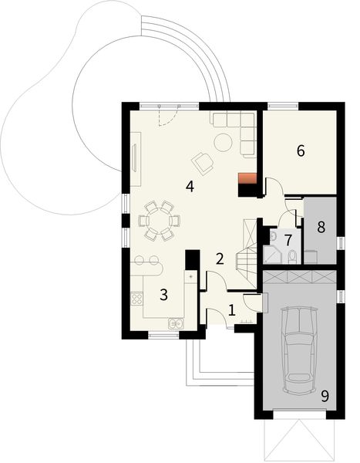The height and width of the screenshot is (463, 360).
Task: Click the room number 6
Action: click(x=301, y=151)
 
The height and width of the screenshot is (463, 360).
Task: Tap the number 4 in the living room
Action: click(x=189, y=187)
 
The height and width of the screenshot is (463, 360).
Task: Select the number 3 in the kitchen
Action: click(x=163, y=294)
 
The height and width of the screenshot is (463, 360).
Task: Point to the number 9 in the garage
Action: click(x=325, y=396)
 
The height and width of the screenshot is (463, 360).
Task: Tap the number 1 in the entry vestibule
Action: click(x=231, y=310)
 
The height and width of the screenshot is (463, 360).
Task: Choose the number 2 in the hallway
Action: click(x=220, y=259)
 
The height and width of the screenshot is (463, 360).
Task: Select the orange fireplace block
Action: click(x=247, y=183)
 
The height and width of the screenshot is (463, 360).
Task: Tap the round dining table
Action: click(x=160, y=220)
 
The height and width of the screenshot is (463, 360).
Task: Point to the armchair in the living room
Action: click(x=204, y=162)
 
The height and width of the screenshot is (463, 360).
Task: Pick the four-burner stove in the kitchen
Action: click(x=137, y=299)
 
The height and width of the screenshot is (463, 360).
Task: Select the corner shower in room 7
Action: click(x=272, y=255)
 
